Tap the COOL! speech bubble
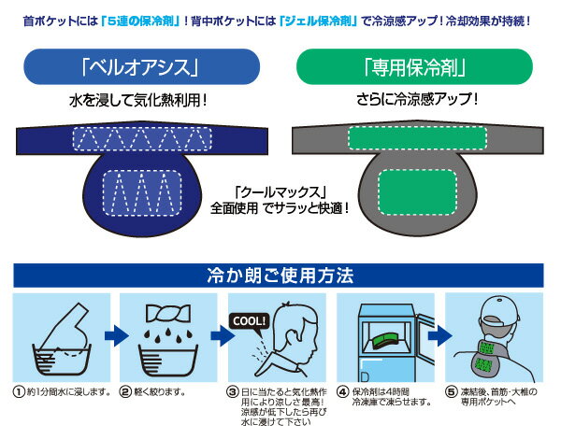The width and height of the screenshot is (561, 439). (x=249, y=320)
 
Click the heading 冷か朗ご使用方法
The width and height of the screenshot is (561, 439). (x=280, y=276)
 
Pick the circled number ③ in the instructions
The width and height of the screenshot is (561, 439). (x=233, y=390)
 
